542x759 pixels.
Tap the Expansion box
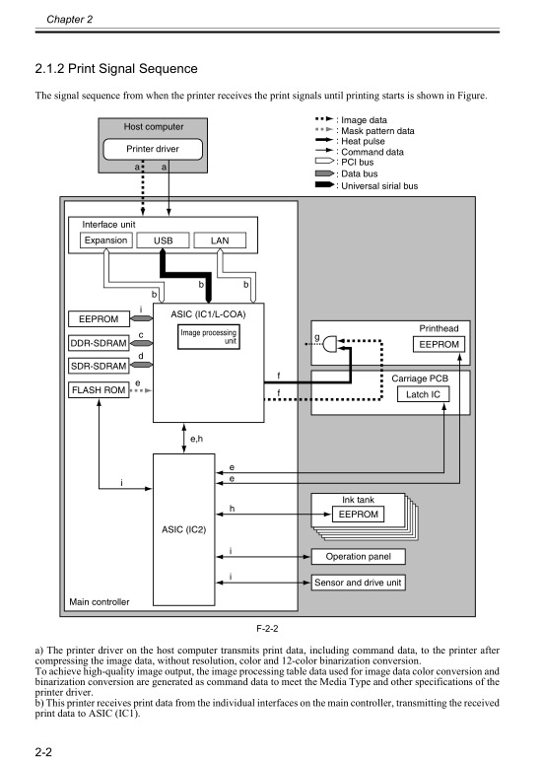105,241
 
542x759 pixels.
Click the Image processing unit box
208,338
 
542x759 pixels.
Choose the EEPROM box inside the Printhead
440,344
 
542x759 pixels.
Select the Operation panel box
359,557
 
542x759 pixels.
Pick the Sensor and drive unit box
359,583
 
